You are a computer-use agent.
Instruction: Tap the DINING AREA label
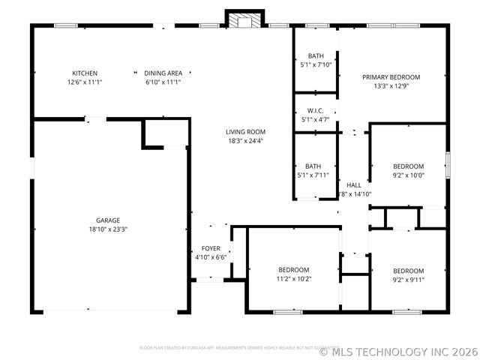pos(163,73)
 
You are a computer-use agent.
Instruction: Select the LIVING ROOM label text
pos(246,131)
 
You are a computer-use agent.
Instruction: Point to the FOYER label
pos(211,248)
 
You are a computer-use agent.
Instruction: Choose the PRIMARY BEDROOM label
pos(391,76)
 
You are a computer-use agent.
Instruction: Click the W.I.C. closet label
pos(315,110)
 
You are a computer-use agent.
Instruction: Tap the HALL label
pos(354,184)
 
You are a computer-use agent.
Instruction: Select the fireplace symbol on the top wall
pos(244,20)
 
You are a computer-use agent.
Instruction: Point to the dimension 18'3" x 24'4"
pos(246,140)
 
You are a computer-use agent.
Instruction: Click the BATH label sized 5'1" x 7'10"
pos(316,56)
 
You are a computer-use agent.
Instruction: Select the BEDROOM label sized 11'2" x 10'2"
pos(294,269)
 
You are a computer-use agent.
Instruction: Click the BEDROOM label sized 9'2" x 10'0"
pos(409,166)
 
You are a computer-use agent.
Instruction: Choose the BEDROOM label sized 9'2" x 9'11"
pos(409,271)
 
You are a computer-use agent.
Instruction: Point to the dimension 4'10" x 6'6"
pos(211,257)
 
